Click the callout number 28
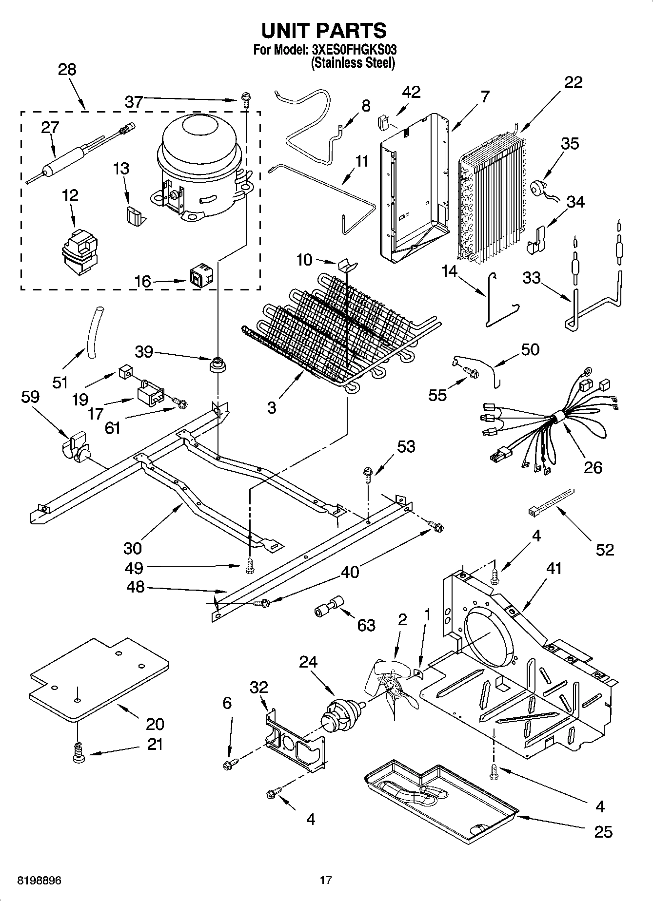[x=67, y=70]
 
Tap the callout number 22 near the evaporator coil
[x=573, y=82]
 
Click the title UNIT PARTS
[x=324, y=30]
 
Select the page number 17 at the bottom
[x=326, y=880]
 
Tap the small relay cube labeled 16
[x=200, y=277]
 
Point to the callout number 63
[x=366, y=625]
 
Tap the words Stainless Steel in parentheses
[x=353, y=63]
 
